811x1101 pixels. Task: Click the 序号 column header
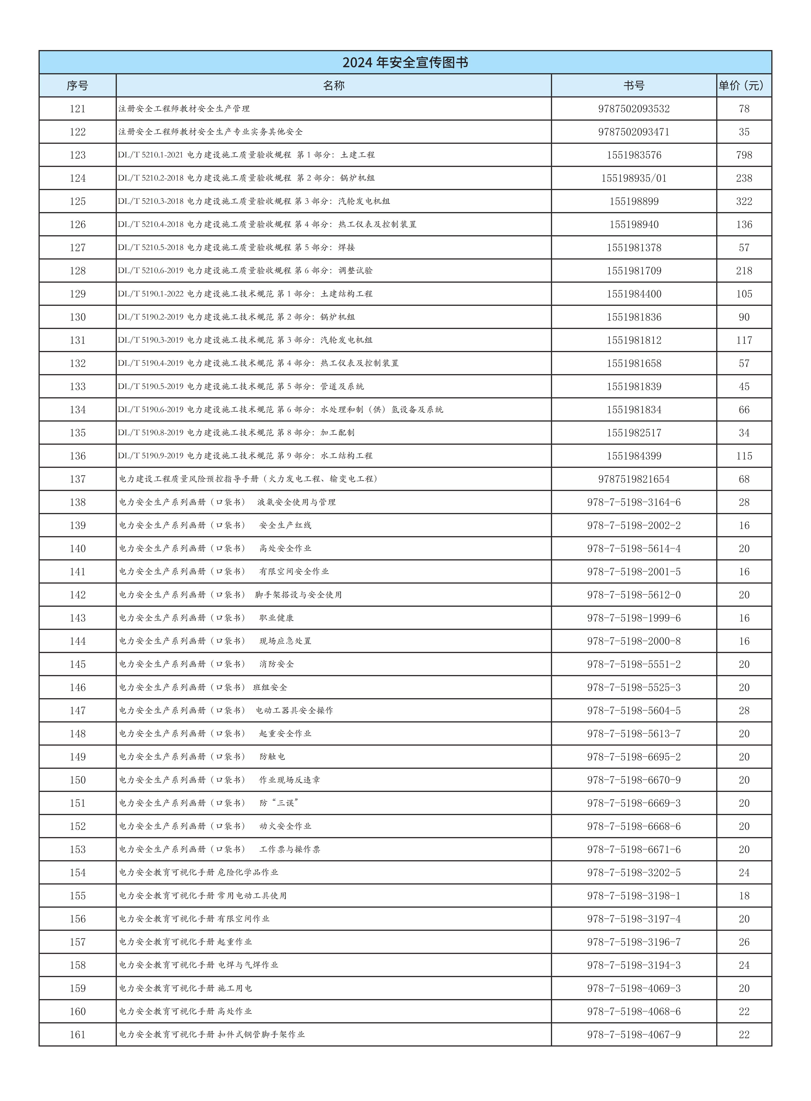click(78, 85)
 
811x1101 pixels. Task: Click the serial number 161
click(78, 1035)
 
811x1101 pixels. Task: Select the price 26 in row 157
click(744, 942)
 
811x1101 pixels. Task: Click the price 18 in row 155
click(744, 896)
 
